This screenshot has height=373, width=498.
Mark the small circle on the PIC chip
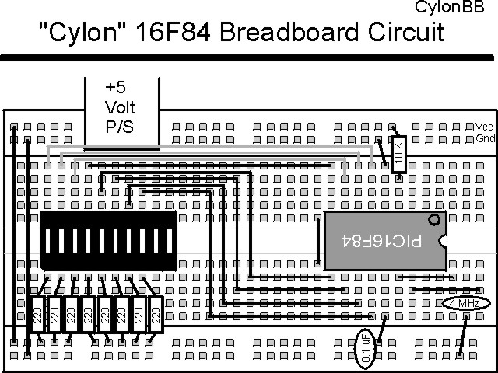(434, 221)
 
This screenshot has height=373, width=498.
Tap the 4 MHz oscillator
(465, 303)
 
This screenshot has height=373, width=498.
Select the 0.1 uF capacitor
(364, 348)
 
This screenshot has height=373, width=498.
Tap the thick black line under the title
(249, 58)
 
